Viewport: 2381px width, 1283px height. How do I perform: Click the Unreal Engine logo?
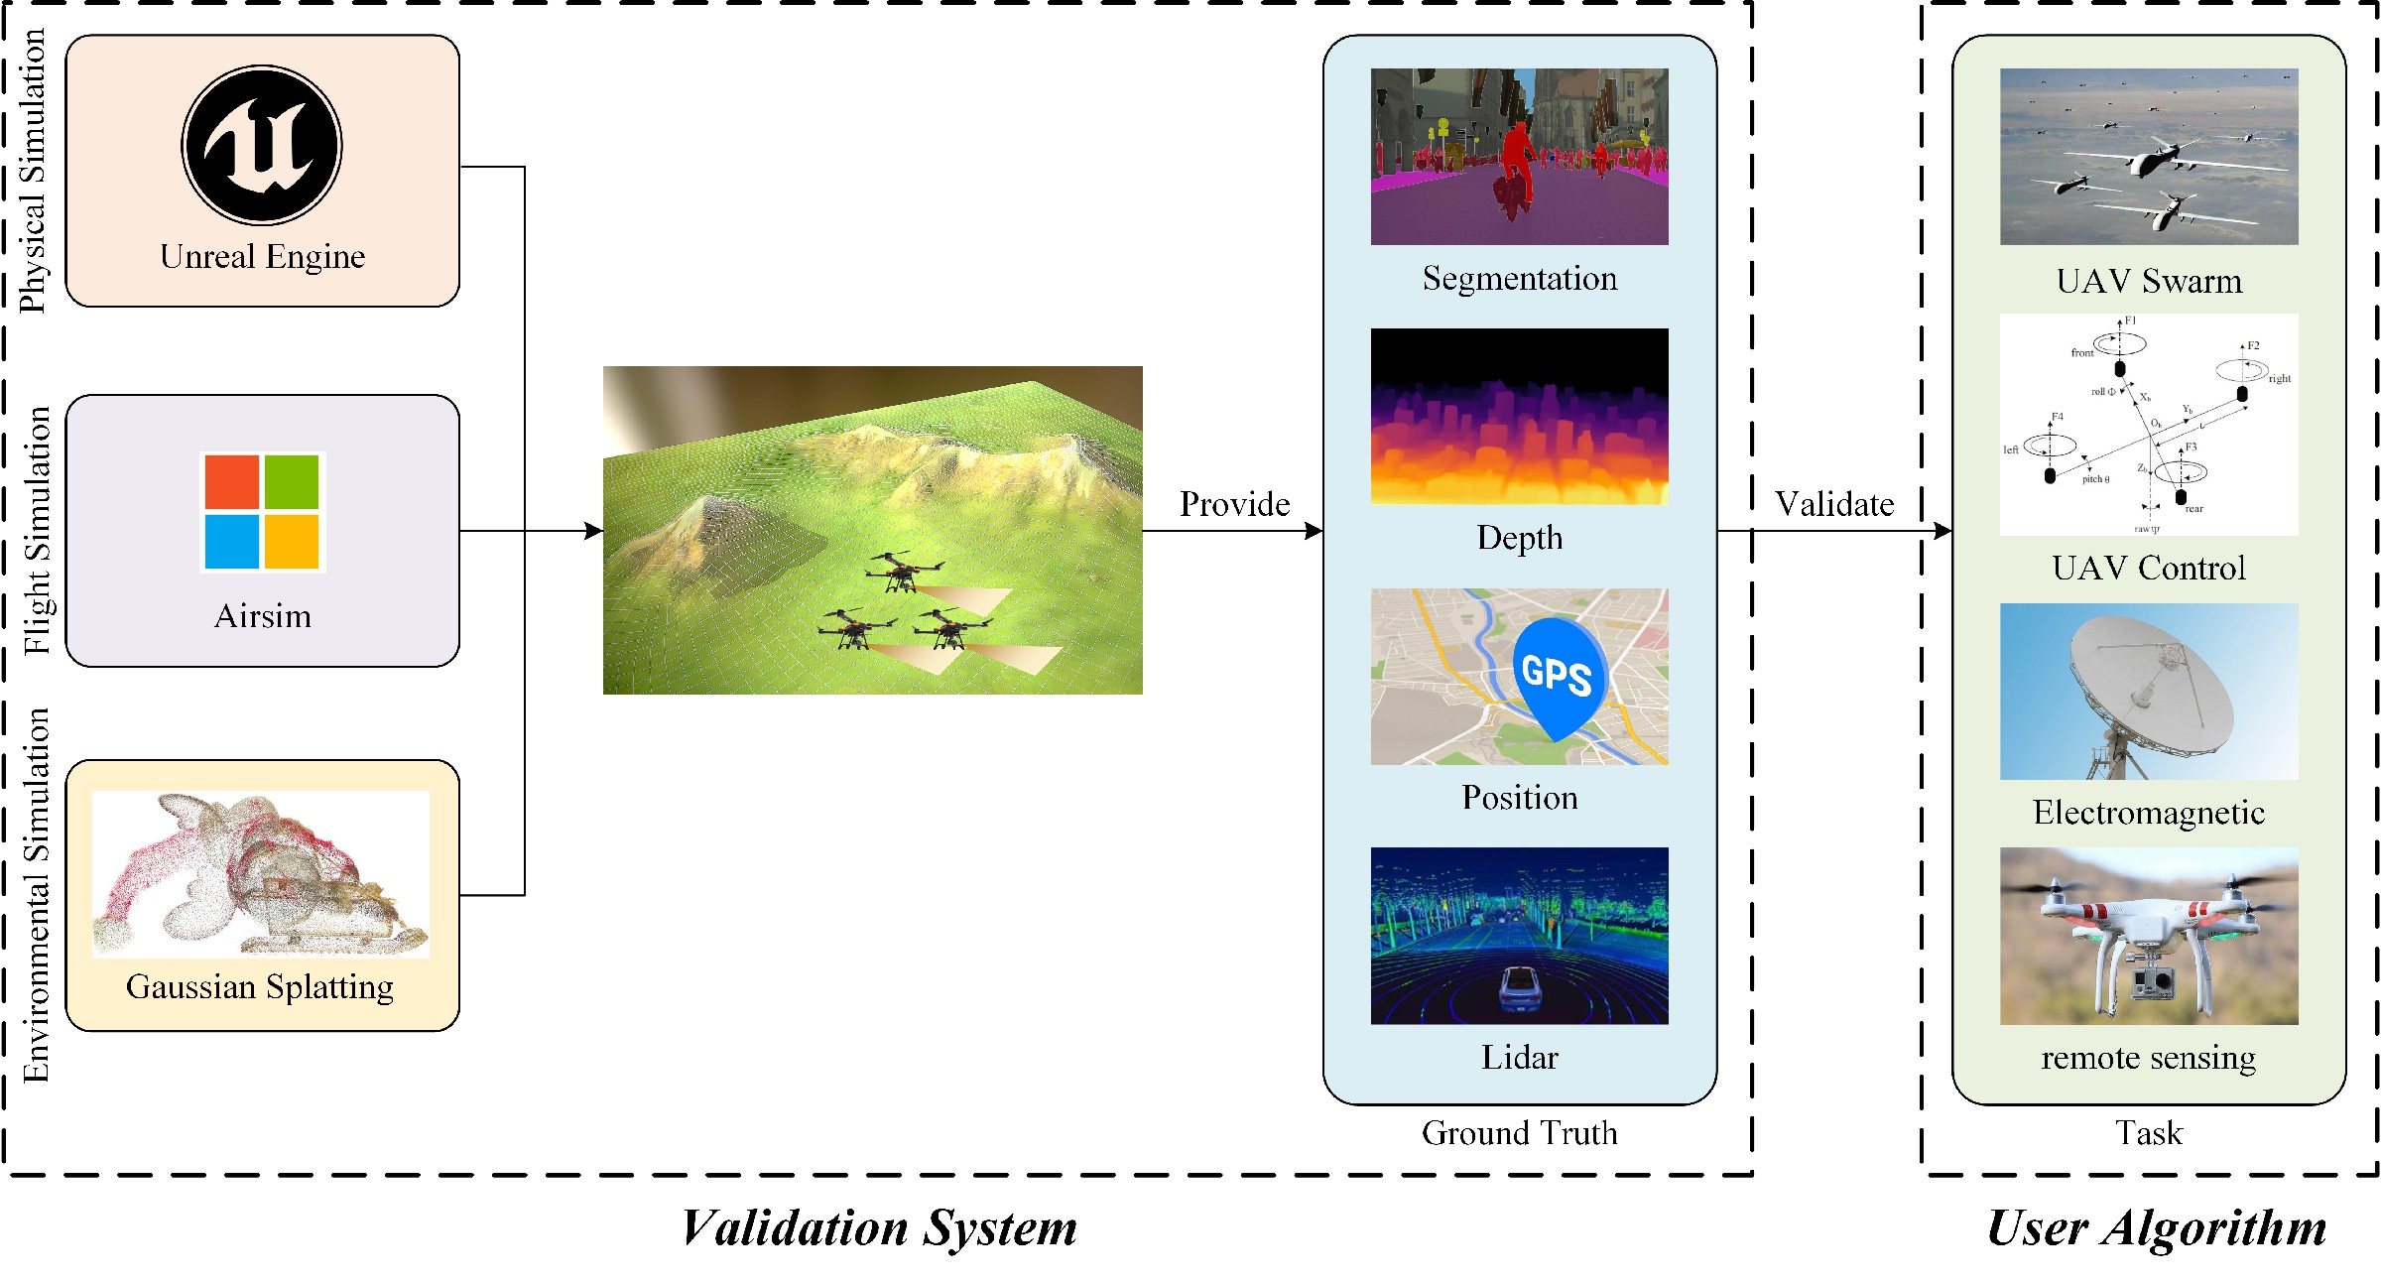262,145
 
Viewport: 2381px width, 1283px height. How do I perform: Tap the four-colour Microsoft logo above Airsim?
262,512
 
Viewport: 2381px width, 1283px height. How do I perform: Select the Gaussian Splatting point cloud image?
260,873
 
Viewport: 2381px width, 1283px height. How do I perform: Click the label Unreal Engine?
262,257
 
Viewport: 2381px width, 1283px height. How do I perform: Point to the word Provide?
1234,505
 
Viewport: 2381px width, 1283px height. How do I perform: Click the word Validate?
1834,505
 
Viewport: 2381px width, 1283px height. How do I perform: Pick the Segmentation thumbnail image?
1519,157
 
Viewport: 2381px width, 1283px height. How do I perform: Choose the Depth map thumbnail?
1519,417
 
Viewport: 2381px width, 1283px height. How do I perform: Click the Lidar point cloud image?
1519,936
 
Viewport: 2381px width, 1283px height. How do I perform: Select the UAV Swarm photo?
2149,157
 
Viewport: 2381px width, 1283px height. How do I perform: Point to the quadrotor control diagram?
2149,425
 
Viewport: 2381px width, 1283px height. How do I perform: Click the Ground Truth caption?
1519,1133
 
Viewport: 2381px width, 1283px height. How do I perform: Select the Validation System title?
879,1228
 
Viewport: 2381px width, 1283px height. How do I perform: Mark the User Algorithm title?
2157,1228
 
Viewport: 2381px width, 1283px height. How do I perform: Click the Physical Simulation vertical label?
34,171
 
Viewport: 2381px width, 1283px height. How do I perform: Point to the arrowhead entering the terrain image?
594,531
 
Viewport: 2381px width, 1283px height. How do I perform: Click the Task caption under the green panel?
2149,1133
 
